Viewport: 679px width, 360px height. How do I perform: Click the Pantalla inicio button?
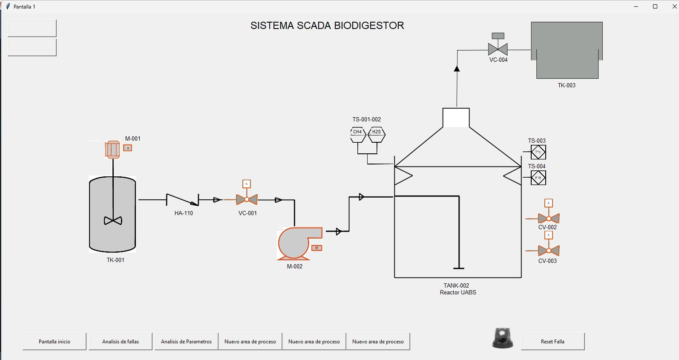click(55, 341)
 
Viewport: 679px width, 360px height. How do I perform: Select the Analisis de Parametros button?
click(186, 341)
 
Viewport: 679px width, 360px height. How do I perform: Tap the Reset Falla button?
click(552, 341)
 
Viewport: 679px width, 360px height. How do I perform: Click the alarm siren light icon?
click(503, 338)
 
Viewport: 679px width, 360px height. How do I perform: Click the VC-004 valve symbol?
click(498, 49)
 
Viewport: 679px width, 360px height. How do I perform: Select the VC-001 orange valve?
click(247, 199)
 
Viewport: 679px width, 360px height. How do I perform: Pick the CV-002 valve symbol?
click(549, 218)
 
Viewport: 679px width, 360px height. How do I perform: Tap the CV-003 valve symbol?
click(549, 251)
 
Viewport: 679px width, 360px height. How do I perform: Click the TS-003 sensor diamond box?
click(538, 152)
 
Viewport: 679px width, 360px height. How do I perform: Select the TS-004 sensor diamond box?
click(538, 178)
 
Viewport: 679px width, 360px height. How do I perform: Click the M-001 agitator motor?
click(112, 150)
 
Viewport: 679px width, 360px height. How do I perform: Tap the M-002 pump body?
click(295, 244)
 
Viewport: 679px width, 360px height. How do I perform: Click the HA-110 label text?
click(184, 213)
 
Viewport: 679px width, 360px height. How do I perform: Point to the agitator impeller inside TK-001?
click(113, 221)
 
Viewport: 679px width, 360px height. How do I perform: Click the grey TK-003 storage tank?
click(567, 50)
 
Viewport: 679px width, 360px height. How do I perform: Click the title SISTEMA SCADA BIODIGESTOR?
click(327, 26)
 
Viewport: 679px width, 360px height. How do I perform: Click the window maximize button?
click(655, 6)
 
